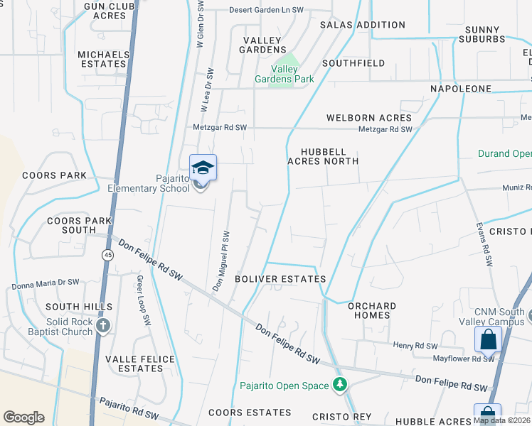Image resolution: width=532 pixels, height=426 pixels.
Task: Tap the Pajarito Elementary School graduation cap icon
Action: pos(203,168)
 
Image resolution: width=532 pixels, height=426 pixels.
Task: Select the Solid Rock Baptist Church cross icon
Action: pos(103,326)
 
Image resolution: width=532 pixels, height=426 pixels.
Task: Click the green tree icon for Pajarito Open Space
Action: pos(341,385)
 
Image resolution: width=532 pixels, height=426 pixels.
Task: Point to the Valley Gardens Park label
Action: pos(284,74)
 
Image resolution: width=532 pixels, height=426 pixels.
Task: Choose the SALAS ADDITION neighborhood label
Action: pos(363,25)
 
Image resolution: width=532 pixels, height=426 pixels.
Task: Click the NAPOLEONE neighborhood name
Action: pos(460,88)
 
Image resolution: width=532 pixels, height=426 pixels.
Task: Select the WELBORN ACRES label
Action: pos(368,118)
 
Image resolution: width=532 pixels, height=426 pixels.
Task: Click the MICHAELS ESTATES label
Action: pos(103,59)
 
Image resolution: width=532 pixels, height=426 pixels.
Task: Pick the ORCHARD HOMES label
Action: pos(372,311)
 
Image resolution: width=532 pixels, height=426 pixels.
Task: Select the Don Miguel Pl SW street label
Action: pos(221,261)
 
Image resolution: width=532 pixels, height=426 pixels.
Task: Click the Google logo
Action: pos(23,417)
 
